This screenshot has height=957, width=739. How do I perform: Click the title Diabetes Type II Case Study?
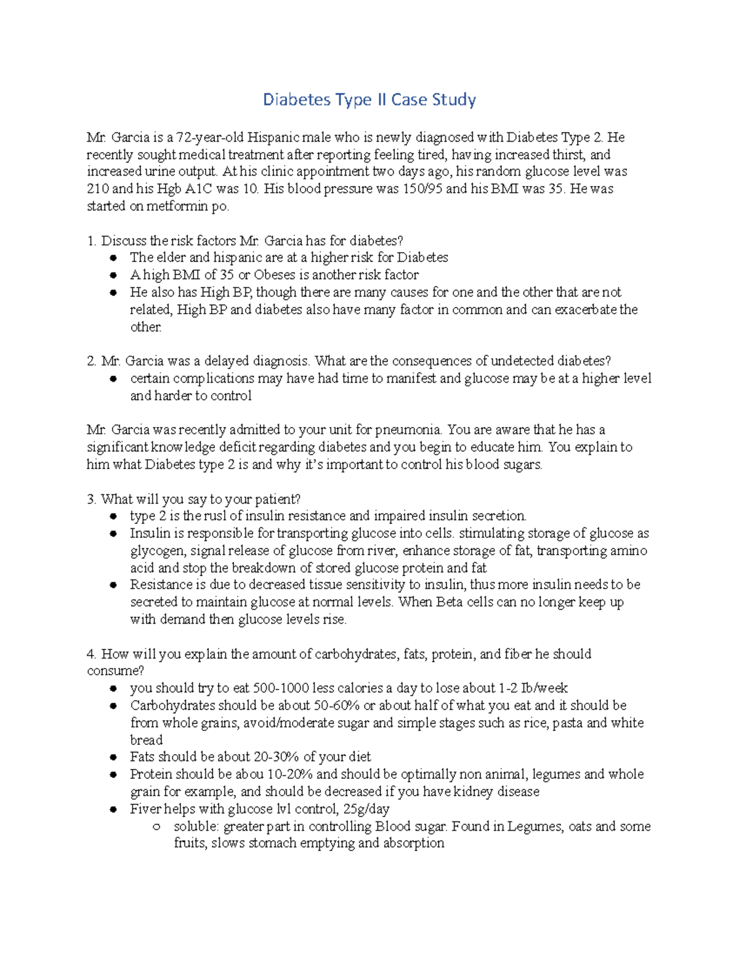369,100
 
